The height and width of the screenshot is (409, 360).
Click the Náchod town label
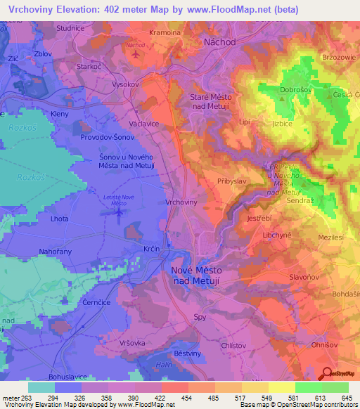coord(219,42)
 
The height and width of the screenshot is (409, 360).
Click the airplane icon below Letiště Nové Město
coord(119,212)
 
